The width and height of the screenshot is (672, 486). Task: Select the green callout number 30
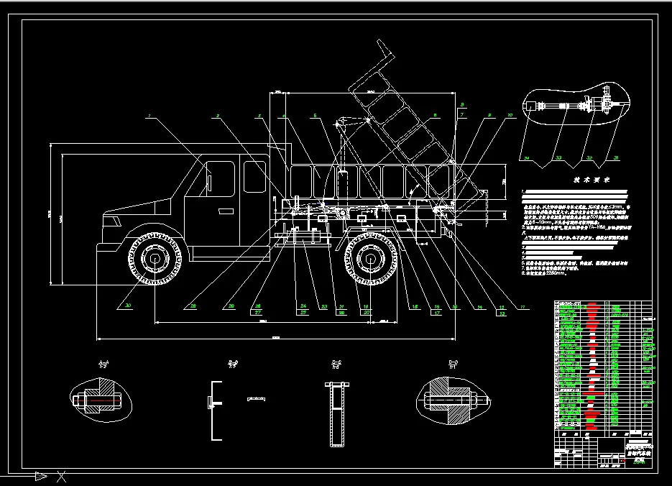(x=129, y=306)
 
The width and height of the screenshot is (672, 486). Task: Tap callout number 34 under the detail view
(x=526, y=157)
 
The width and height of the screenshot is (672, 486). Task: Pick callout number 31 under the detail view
(x=615, y=157)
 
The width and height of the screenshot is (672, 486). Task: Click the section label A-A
(x=102, y=363)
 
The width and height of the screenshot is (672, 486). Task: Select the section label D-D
(x=454, y=363)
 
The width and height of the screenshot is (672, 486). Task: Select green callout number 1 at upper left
(x=149, y=115)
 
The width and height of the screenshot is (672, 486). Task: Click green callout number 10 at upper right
(x=510, y=115)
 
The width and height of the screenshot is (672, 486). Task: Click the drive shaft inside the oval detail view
(x=568, y=108)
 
